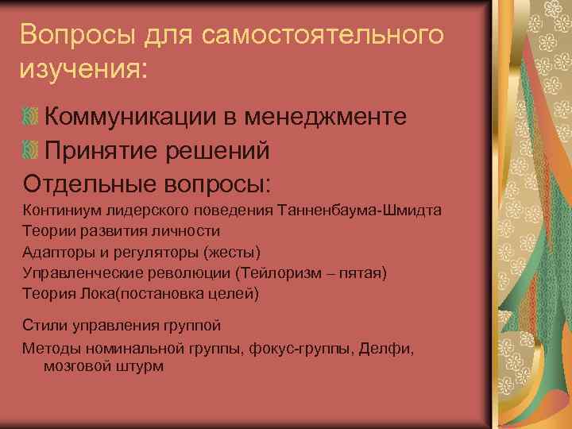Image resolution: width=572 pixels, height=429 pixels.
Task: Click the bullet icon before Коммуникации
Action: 31,118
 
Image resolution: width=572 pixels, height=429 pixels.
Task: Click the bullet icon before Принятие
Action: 31,150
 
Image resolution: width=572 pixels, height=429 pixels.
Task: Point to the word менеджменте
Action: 334,118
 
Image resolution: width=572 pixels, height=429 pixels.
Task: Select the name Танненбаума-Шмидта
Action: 359,210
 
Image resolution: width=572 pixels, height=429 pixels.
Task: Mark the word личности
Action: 189,230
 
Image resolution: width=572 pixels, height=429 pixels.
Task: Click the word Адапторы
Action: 55,252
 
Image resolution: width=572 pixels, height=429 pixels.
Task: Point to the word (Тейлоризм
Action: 270,272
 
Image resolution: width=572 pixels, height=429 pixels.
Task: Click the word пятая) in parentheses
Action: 364,272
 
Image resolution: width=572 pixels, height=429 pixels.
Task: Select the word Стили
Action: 41,326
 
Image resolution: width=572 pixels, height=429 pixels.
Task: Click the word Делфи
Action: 386,347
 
